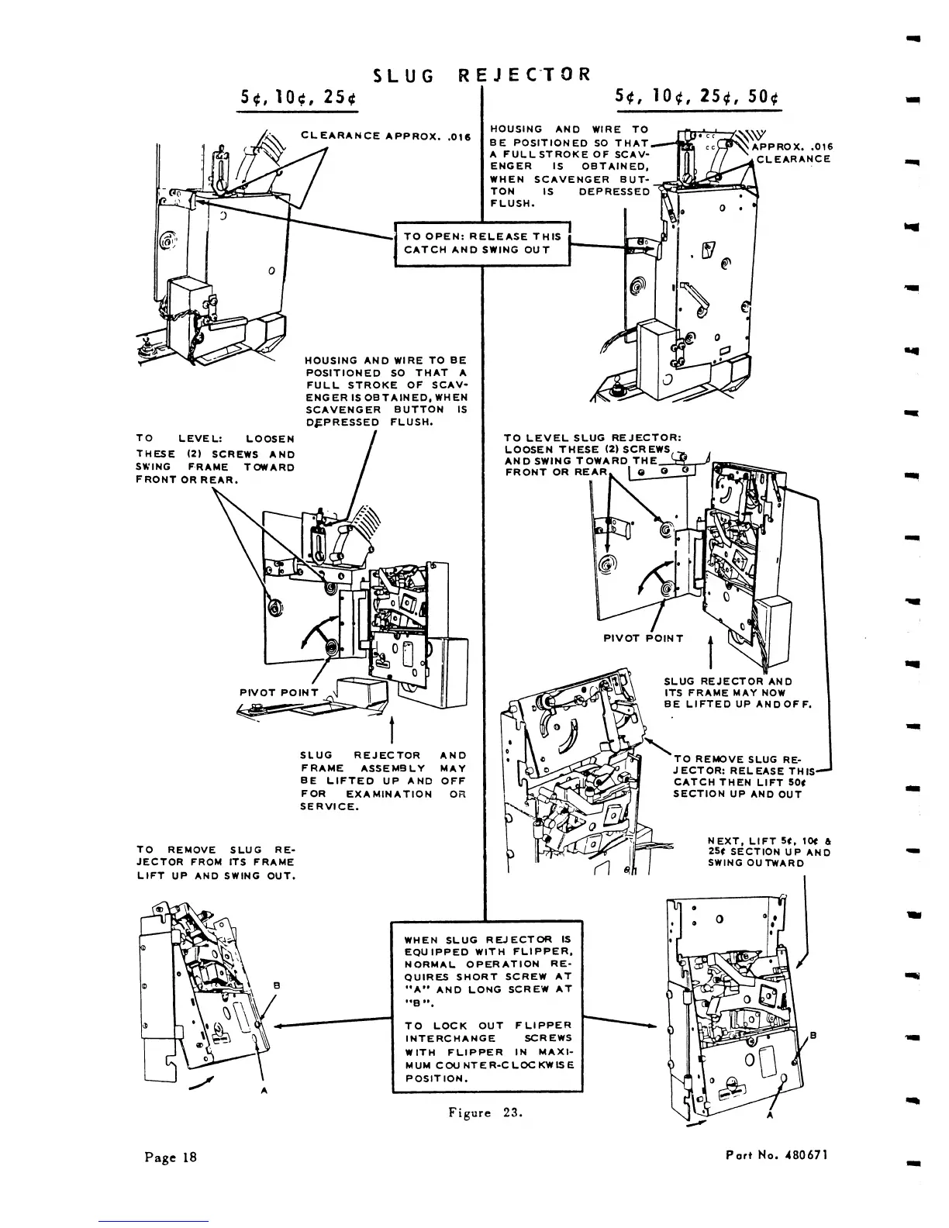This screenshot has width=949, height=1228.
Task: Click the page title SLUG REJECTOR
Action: [481, 74]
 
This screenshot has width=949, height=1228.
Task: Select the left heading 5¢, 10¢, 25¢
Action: [298, 98]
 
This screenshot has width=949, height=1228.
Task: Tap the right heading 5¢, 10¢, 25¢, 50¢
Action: [696, 98]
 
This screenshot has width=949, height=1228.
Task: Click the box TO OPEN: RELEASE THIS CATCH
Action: [482, 243]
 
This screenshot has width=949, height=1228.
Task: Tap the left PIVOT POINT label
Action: [279, 692]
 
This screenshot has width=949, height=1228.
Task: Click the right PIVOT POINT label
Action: [644, 639]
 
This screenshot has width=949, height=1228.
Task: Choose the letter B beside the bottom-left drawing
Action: [275, 985]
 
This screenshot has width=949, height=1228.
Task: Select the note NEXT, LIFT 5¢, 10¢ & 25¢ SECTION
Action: [769, 851]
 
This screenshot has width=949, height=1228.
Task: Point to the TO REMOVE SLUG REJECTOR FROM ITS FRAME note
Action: [215, 863]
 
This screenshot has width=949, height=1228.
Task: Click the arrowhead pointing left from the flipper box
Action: [279, 1025]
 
